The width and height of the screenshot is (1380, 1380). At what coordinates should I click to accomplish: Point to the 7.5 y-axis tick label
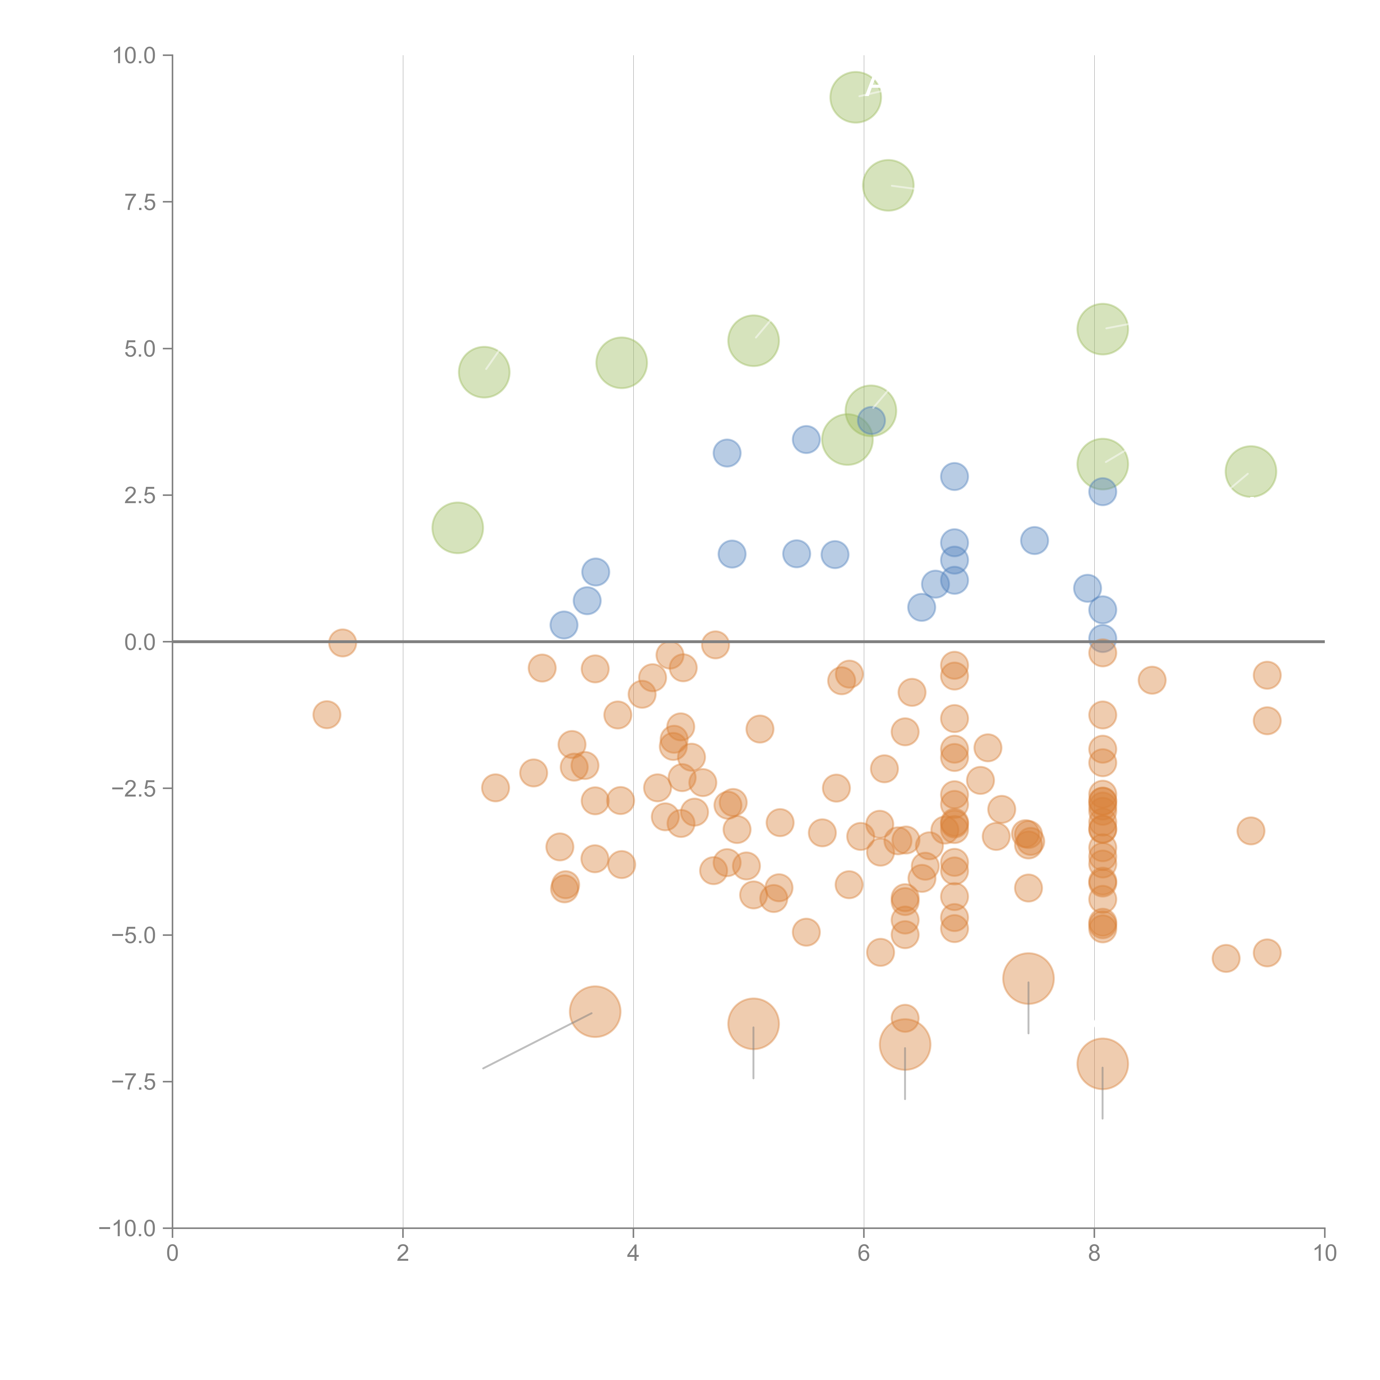tap(140, 202)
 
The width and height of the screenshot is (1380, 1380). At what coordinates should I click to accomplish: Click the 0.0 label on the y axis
tap(140, 642)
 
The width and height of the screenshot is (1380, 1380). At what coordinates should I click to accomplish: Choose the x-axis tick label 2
tap(403, 1254)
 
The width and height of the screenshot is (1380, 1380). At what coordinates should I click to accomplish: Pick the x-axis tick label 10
tap(1324, 1254)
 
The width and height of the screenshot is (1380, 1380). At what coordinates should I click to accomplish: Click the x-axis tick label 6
tap(864, 1254)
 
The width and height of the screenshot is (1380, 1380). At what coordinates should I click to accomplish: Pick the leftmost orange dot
tap(327, 714)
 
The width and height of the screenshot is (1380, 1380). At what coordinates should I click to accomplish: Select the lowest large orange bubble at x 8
tap(1102, 1064)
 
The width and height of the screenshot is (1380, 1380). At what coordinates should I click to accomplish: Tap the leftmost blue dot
tap(564, 625)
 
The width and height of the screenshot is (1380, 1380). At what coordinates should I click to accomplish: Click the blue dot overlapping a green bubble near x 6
tap(871, 420)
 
